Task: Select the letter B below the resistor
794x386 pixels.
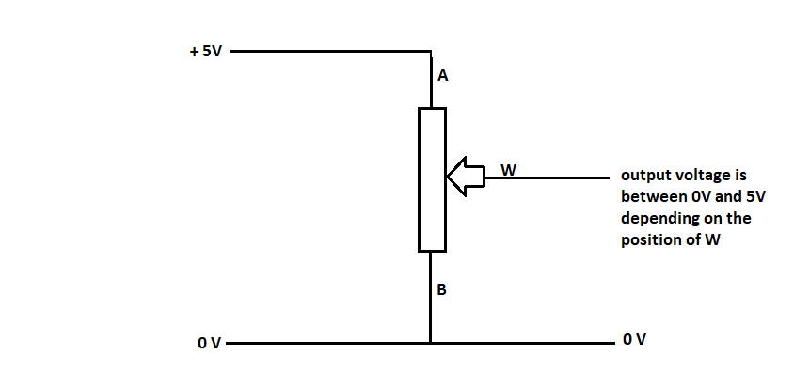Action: (442, 290)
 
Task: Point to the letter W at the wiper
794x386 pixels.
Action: (508, 169)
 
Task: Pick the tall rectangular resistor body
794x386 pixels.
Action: (431, 179)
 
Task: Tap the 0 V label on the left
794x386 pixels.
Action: (209, 344)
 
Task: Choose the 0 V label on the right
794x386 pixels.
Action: (634, 338)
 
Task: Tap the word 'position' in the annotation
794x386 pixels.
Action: (648, 239)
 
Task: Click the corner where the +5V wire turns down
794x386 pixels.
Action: (431, 51)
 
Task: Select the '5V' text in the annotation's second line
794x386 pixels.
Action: (753, 197)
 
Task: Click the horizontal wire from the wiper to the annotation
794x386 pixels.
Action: (555, 177)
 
